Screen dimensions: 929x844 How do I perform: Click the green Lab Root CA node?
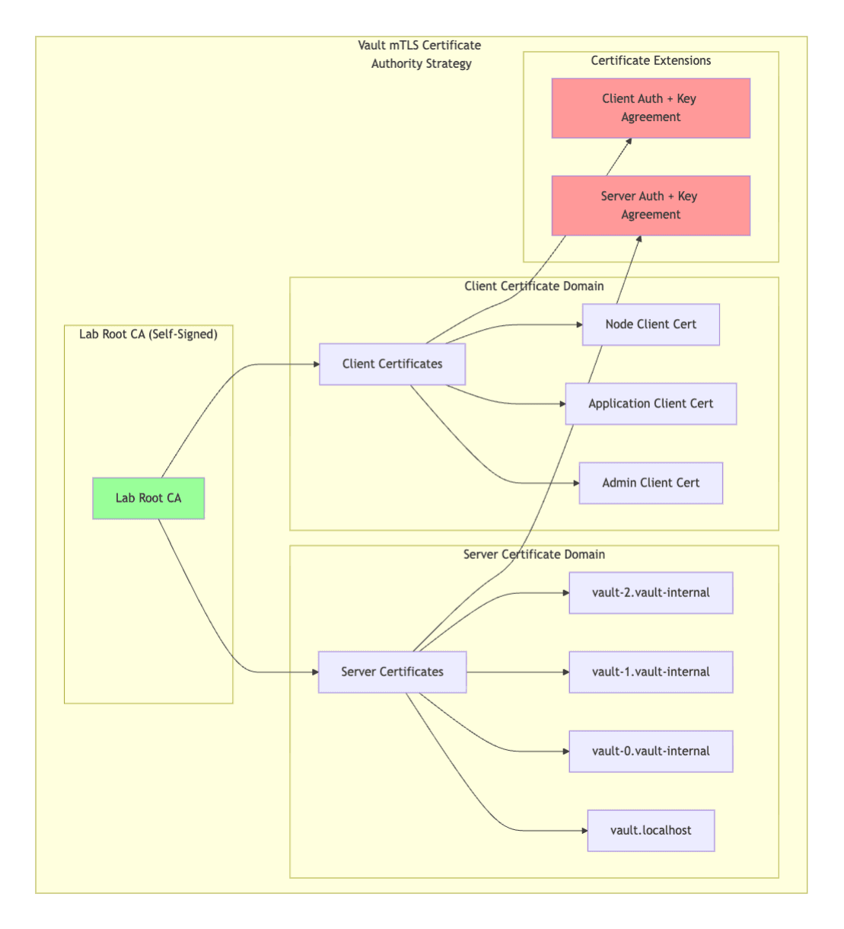pos(148,498)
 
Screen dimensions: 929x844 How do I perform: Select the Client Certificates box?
pos(392,364)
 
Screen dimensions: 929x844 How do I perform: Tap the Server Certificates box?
pos(392,672)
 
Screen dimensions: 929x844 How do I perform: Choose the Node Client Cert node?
pos(651,324)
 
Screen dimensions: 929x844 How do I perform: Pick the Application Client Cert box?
pos(651,404)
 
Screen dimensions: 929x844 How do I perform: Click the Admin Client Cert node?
pos(651,483)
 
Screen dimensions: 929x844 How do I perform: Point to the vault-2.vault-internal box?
pos(651,592)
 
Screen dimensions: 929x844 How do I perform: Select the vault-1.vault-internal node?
pos(651,672)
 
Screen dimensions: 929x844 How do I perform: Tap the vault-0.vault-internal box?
pos(651,751)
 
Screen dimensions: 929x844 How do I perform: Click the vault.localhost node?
pos(651,830)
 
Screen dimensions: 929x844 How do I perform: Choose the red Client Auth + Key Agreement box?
pos(651,108)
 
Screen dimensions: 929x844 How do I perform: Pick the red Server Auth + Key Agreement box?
pos(651,206)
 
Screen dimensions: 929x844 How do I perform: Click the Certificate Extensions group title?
pos(651,61)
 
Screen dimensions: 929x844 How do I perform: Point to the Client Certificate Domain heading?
pos(533,286)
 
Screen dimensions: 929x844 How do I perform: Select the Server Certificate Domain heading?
pos(533,554)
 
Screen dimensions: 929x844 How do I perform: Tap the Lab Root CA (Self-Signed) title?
pos(148,334)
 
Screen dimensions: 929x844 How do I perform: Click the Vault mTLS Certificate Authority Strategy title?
pos(420,55)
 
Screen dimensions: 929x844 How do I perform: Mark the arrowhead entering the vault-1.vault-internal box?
pos(565,672)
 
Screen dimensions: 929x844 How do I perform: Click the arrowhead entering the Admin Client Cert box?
pos(575,483)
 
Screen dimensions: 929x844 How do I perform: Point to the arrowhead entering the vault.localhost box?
pos(584,831)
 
